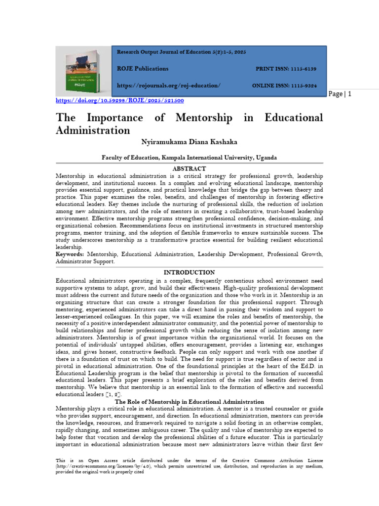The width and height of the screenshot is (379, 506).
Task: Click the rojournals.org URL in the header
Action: click(x=168, y=85)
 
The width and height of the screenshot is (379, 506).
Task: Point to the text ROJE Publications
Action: click(x=142, y=69)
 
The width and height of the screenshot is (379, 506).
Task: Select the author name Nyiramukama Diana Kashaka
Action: click(x=189, y=142)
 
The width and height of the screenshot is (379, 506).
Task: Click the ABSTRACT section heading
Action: click(x=189, y=169)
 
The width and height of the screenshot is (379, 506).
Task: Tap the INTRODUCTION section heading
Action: click(x=189, y=272)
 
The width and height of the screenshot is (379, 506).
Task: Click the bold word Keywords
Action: click(x=70, y=254)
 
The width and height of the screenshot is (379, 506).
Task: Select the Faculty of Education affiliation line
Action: click(x=189, y=157)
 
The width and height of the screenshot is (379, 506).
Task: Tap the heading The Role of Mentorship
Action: click(x=189, y=402)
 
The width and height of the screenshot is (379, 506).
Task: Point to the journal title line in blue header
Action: click(x=181, y=52)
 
